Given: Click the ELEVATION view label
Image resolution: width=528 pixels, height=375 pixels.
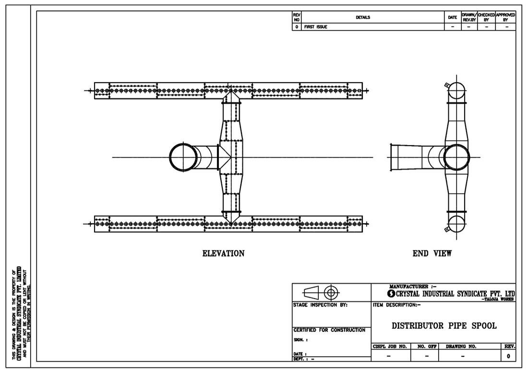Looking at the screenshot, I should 223,253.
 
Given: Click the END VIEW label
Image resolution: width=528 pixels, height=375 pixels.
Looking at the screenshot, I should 432,253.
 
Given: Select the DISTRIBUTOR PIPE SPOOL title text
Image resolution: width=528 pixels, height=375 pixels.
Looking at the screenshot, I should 444,325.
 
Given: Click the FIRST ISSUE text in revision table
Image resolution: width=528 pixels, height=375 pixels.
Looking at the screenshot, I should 315,27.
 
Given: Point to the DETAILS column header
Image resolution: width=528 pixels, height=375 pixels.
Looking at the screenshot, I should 363,17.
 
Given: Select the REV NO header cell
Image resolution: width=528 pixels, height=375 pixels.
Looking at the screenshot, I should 297,17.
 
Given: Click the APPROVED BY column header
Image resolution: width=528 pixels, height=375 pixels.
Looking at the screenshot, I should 505,17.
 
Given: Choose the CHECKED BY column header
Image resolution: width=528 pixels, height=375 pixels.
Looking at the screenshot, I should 486,17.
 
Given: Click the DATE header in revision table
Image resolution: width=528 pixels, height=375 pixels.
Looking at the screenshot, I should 452,17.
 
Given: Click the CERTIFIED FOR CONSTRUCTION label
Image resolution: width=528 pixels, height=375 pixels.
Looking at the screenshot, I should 329,330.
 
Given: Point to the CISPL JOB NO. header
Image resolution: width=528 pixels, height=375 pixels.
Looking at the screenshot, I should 390,346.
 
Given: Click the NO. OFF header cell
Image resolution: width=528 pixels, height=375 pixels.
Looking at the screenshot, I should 425,346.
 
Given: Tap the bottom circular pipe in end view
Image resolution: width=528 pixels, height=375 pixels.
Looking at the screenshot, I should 457,224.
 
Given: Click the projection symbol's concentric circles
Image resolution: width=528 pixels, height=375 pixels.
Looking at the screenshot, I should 331,292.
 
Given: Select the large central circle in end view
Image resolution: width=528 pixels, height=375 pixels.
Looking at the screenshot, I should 457,157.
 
